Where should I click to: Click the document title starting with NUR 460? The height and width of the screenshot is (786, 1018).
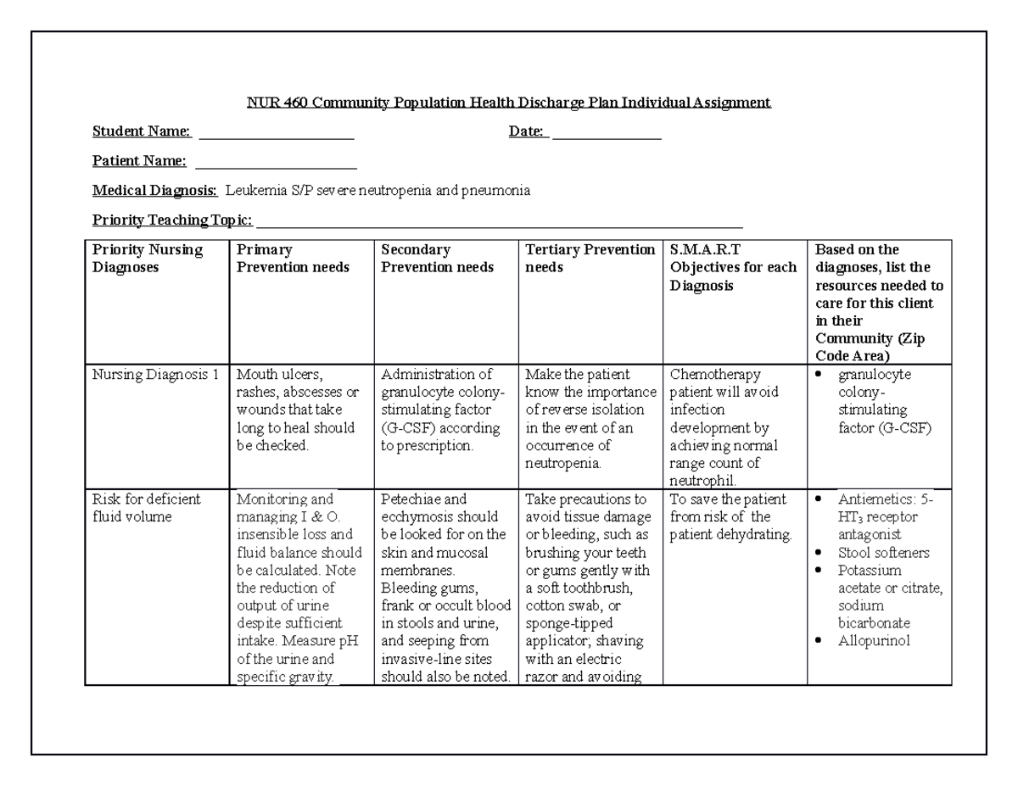click(x=508, y=103)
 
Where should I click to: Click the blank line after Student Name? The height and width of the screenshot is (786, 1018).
click(x=276, y=132)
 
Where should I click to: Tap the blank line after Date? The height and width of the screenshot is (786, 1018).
click(x=607, y=132)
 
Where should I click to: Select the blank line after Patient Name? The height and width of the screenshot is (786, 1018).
click(x=276, y=162)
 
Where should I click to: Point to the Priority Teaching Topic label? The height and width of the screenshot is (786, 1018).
click(x=172, y=220)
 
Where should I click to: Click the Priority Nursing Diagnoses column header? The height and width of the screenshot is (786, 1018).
click(x=148, y=259)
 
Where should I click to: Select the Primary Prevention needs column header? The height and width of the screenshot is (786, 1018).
click(x=293, y=259)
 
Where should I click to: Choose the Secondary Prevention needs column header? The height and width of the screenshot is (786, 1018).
click(x=437, y=259)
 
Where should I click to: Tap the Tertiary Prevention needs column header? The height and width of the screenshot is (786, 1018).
click(x=590, y=259)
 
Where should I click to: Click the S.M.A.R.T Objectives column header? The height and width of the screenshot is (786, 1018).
click(x=733, y=267)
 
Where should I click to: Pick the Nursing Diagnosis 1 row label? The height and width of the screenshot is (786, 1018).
click(x=155, y=375)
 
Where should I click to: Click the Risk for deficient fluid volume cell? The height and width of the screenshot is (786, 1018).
click(x=146, y=508)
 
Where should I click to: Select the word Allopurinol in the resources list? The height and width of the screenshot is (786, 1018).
click(x=874, y=641)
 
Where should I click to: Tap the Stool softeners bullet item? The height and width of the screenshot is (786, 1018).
click(x=883, y=553)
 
